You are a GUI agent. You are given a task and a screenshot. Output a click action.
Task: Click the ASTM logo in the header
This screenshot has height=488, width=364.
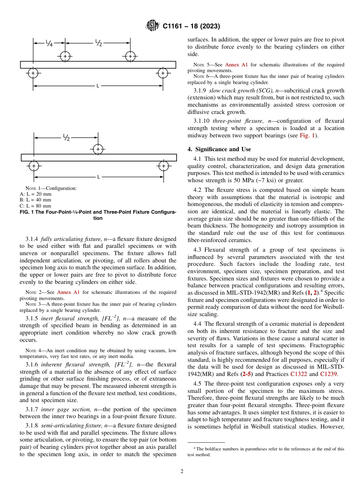coord(152,26)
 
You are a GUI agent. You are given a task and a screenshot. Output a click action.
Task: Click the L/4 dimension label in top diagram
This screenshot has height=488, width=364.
coord(49,43)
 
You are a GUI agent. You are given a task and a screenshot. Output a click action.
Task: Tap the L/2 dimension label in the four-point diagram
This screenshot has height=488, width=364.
coord(98,43)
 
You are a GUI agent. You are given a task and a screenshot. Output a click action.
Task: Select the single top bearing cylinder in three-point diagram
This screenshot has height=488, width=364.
coord(98,149)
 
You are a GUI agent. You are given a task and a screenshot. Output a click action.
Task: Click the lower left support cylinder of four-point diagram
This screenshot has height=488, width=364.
coord(33,73)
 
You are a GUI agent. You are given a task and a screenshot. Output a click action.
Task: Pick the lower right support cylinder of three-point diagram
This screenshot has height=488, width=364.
coord(163,166)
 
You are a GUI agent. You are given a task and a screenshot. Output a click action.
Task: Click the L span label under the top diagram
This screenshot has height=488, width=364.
coord(98,86)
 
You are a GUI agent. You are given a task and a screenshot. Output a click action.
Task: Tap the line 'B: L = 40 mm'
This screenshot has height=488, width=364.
coord(35,200)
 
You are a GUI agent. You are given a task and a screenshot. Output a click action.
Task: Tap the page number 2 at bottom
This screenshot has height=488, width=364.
coord(182,472)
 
